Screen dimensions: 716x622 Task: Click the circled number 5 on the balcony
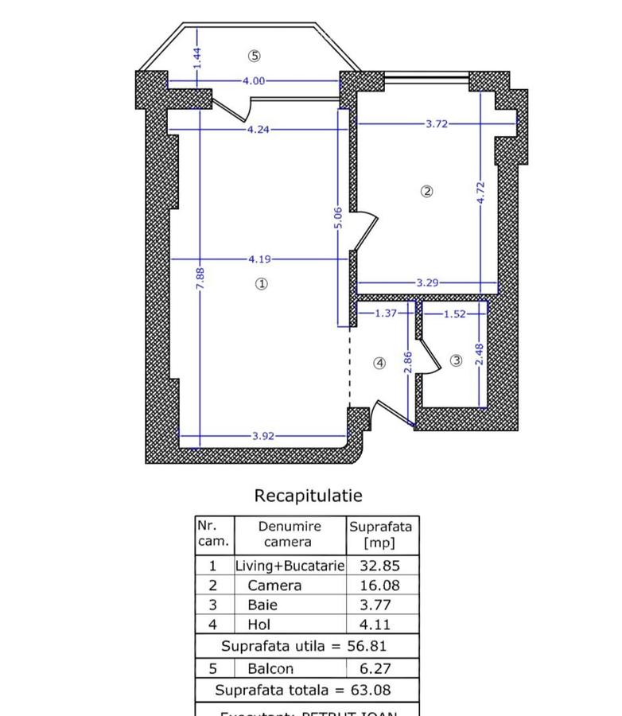(254, 56)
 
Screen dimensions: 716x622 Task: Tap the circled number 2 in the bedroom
(427, 191)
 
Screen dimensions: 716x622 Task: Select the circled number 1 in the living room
(261, 283)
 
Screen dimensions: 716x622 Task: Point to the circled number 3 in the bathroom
(456, 360)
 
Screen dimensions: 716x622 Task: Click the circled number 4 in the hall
(379, 363)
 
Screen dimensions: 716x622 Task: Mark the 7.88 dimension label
(200, 278)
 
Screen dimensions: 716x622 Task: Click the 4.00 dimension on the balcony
(255, 80)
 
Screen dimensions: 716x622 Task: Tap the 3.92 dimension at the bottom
(265, 436)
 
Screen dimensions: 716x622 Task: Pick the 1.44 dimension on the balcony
(197, 56)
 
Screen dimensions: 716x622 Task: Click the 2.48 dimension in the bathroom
(479, 354)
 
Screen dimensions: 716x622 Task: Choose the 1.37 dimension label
(386, 313)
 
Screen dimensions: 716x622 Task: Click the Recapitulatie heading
(308, 496)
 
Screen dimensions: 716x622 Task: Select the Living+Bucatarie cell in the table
(290, 566)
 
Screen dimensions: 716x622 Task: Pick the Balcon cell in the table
(270, 669)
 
